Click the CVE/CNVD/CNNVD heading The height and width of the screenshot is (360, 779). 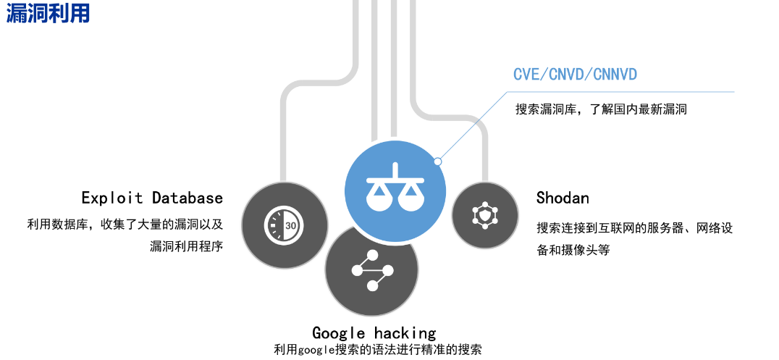575,74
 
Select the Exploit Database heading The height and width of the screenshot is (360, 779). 152,198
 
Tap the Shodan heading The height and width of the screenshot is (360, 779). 563,198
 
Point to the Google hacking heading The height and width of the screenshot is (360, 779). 374,332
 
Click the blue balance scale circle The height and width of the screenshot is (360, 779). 395,184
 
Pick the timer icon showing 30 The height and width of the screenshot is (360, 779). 281,225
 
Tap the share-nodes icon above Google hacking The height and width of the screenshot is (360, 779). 372,271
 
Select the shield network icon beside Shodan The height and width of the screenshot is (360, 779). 484,215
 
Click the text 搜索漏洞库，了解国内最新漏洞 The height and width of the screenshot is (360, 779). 601,110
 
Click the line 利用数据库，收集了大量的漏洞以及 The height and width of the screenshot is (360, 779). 125,225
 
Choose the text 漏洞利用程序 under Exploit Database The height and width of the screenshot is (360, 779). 186,246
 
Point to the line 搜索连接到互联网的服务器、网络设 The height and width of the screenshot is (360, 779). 635,228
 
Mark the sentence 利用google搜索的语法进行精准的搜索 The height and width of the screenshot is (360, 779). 377,350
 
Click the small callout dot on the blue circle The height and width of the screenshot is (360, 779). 437,161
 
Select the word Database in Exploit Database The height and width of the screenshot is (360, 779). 188,198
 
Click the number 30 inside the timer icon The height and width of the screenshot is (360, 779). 290,225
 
